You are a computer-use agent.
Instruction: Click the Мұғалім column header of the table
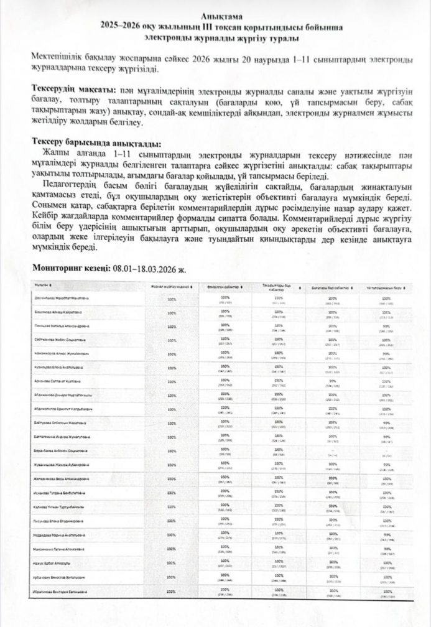point(43,286)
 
